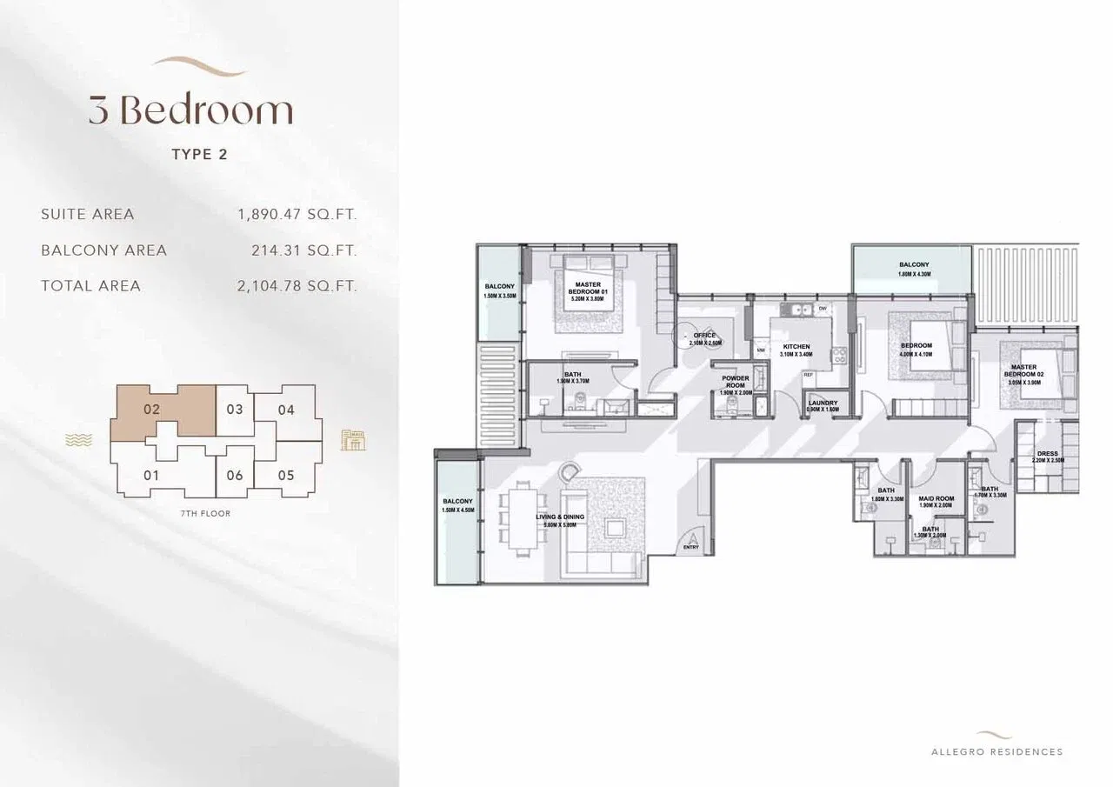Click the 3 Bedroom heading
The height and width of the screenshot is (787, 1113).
point(190,110)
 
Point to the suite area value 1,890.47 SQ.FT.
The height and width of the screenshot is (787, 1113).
point(297,214)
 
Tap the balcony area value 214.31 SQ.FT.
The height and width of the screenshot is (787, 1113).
point(303,250)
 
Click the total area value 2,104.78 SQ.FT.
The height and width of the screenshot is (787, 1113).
point(297,286)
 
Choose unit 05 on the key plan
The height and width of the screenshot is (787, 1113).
point(286,476)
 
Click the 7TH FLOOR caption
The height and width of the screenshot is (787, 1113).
point(205,514)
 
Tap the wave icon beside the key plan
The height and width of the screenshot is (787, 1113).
point(78,441)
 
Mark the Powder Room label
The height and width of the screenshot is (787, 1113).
point(735,383)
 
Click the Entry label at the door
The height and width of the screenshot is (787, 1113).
point(691,548)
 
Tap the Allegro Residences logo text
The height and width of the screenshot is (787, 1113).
point(996,751)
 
